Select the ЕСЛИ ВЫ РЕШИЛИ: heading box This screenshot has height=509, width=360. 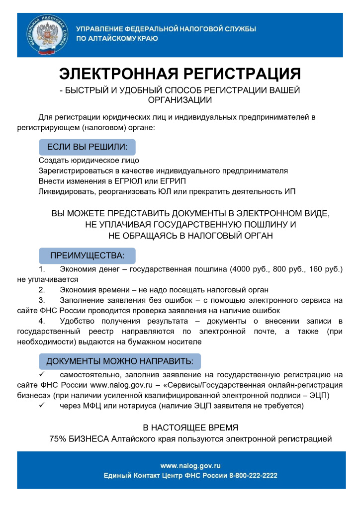click(87, 147)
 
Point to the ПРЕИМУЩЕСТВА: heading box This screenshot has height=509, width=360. click(87, 256)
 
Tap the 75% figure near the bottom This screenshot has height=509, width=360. click(58, 439)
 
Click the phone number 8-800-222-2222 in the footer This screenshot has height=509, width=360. click(253, 476)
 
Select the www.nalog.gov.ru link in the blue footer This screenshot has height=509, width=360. click(190, 466)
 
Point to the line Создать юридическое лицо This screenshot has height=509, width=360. click(89, 161)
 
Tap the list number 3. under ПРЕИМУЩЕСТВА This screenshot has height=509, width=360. click(42, 301)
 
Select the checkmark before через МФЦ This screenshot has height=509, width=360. click(42, 406)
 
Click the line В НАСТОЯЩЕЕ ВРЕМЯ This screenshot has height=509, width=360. click(190, 427)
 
